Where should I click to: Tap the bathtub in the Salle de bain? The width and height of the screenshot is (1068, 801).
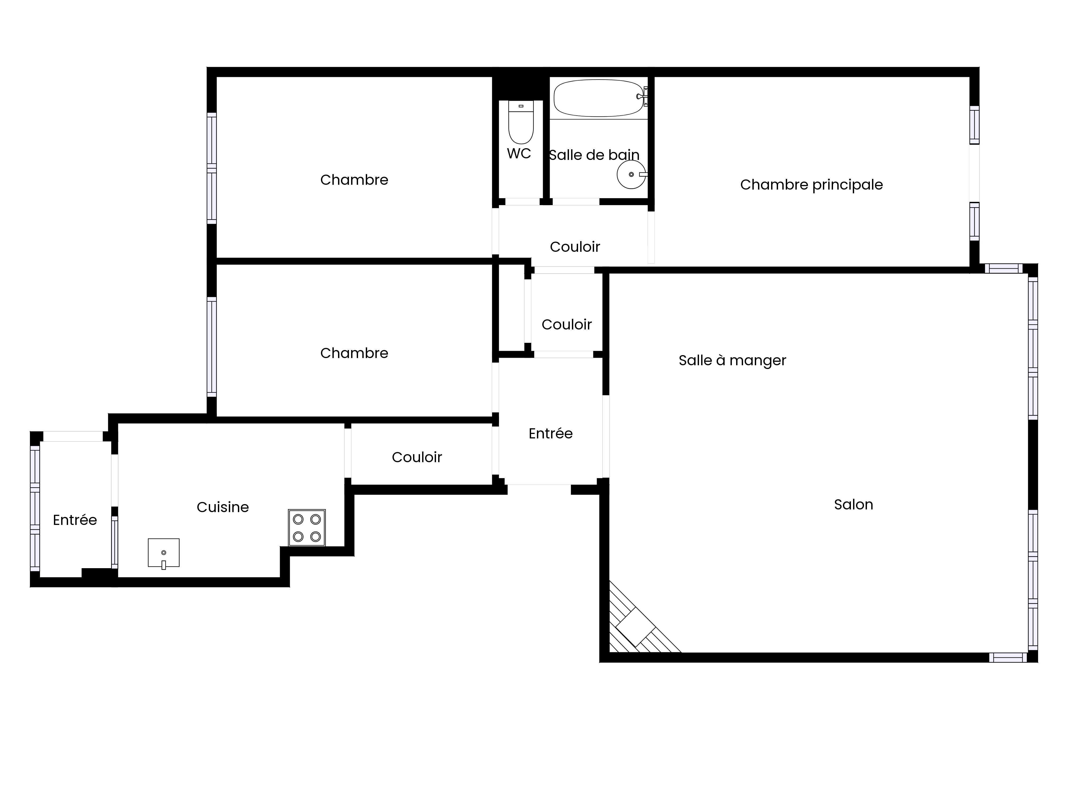pos(598,98)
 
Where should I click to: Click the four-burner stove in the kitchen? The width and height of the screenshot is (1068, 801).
pos(307,528)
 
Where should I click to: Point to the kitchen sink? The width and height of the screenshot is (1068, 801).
pos(164,553)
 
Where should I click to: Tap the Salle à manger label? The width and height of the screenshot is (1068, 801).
pos(732,361)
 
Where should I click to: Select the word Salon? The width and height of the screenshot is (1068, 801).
pos(854,505)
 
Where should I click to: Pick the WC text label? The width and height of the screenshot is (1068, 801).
pos(519,154)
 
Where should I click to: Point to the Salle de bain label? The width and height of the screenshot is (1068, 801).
pos(594,155)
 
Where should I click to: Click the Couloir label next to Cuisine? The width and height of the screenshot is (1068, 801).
pos(417,457)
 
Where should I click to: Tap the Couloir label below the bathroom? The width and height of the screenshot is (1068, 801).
pos(575,247)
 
